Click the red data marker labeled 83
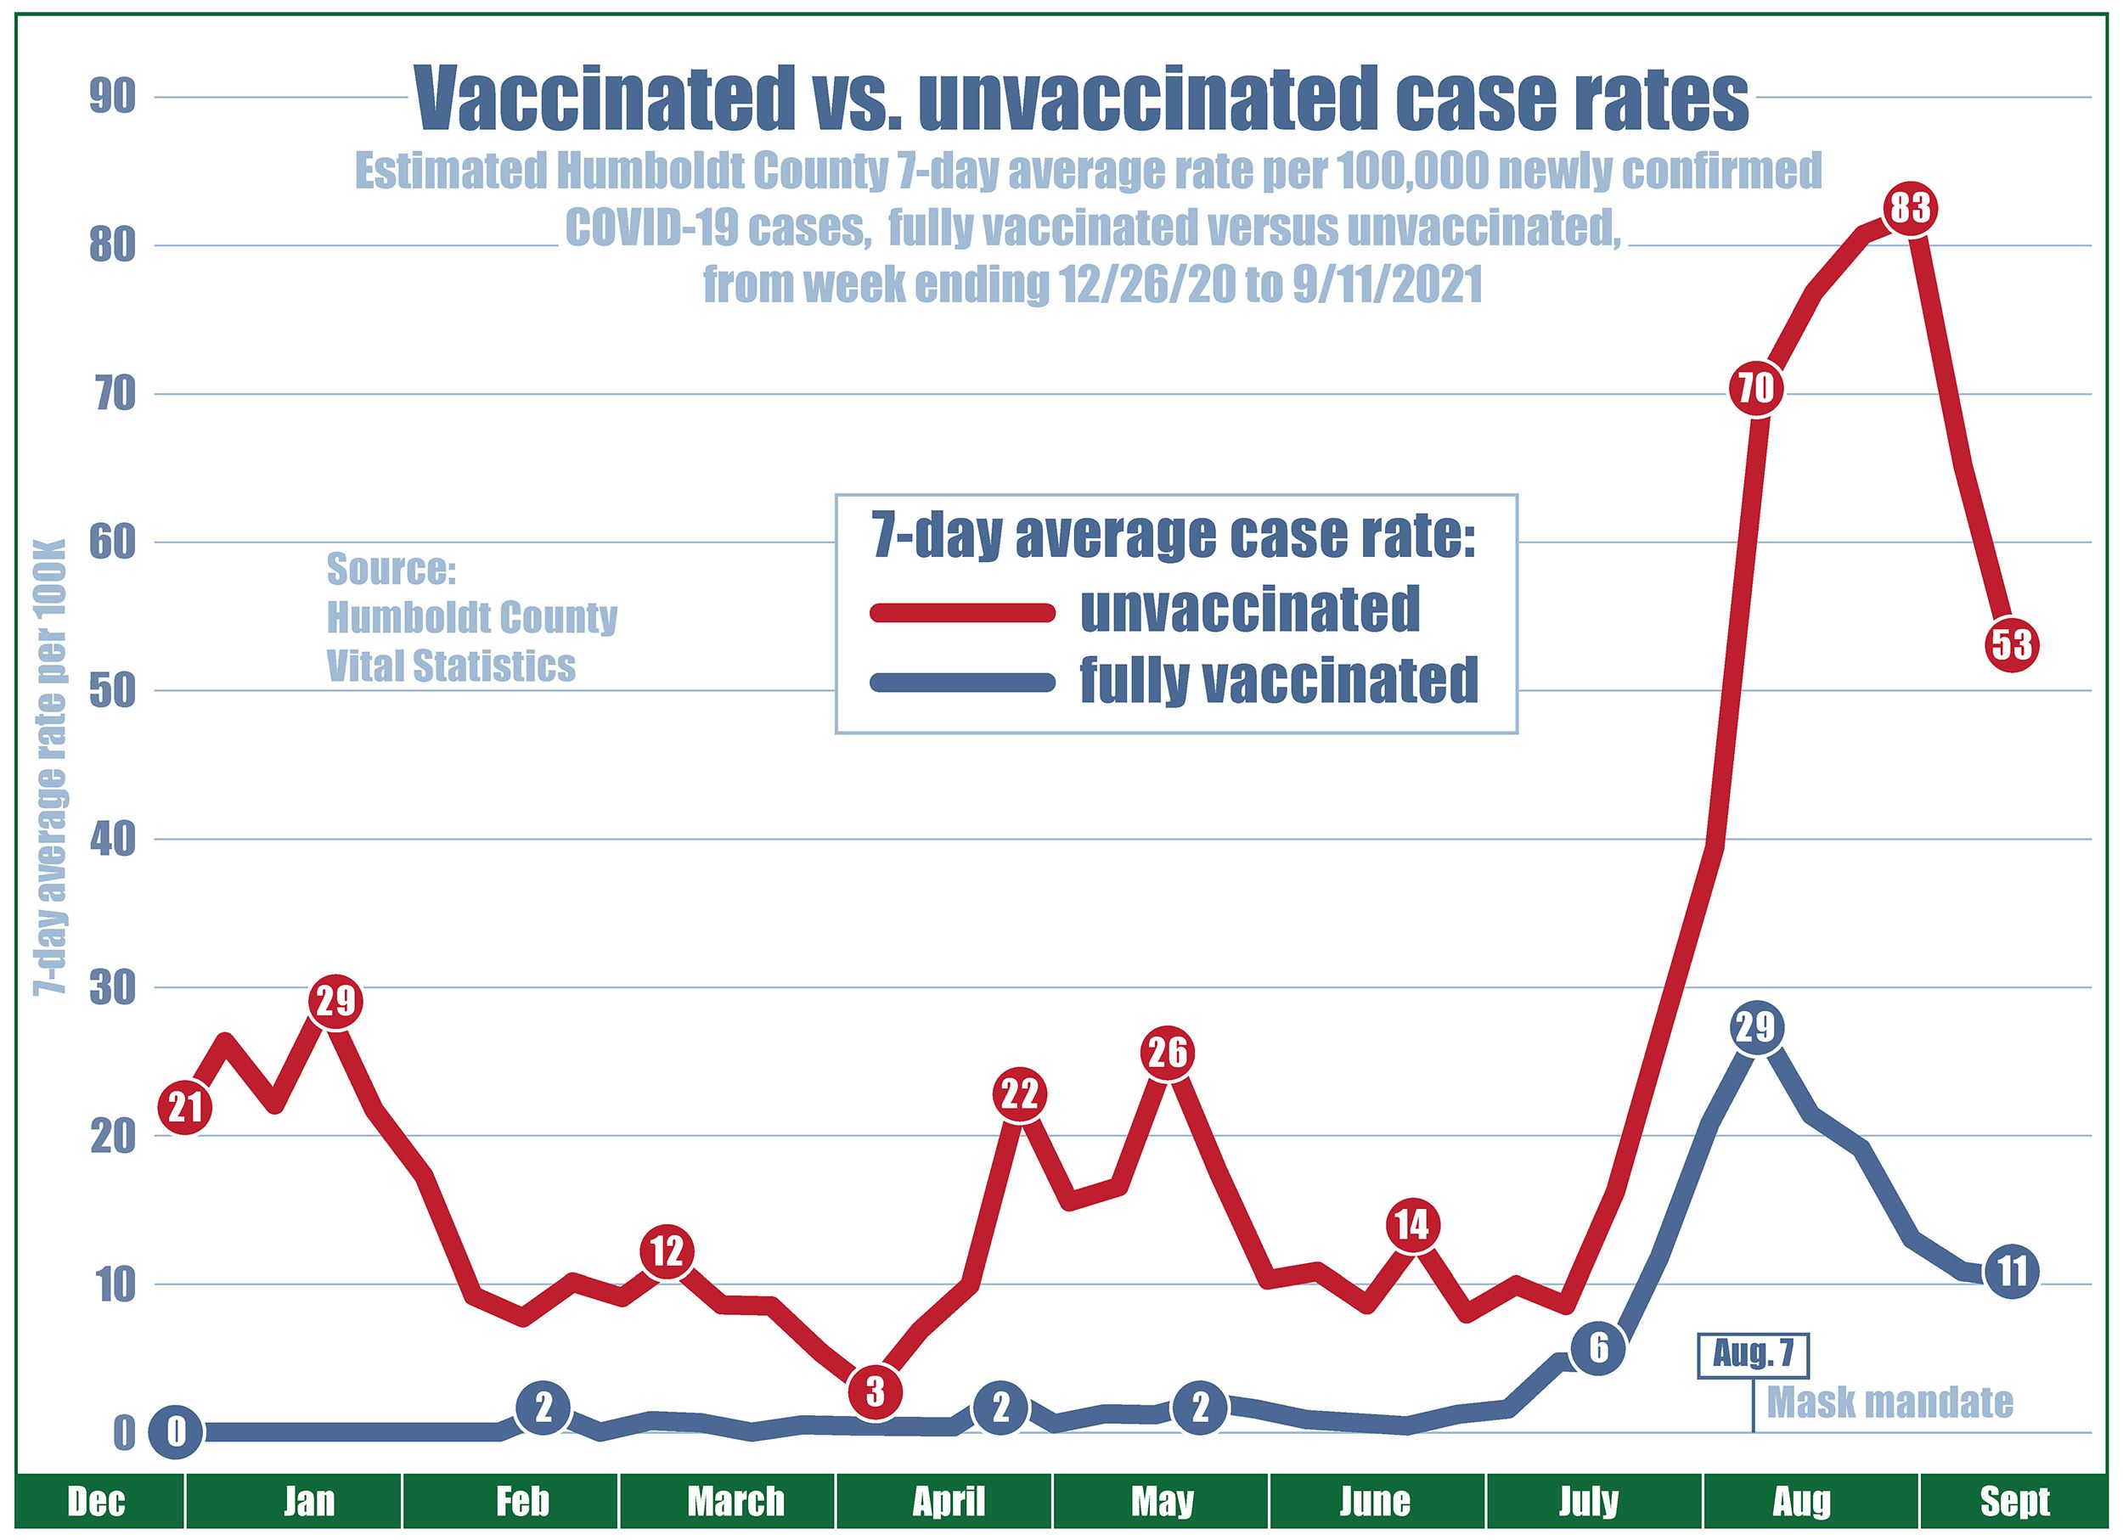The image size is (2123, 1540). pos(1910,208)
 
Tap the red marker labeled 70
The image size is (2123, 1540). pos(1755,387)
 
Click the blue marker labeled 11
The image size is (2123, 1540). pos(2012,1272)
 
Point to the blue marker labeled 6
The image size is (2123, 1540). pos(1598,1348)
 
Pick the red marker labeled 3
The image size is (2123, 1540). pos(875,1392)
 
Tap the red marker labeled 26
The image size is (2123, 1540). pos(1168,1054)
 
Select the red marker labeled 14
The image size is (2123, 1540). pos(1411,1225)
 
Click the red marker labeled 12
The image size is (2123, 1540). pos(667,1251)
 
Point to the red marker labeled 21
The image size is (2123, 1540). pos(184,1108)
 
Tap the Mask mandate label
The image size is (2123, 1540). pos(1889,1402)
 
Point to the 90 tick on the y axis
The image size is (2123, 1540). pos(112,98)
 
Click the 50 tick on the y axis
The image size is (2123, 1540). pos(112,690)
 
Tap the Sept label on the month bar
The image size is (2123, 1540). pos(2014,1502)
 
